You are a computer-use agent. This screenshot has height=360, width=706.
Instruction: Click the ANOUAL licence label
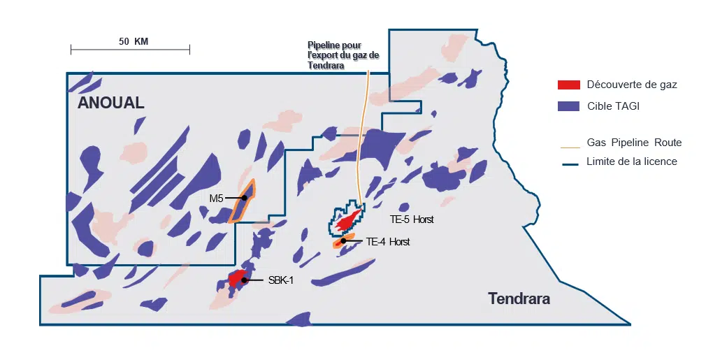(110, 103)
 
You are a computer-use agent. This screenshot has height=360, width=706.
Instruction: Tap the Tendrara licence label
(519, 299)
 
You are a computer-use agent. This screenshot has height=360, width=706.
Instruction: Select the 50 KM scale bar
(130, 49)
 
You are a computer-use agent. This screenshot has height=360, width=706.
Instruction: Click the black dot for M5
(245, 198)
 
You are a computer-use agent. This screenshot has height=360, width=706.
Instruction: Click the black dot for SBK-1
(244, 280)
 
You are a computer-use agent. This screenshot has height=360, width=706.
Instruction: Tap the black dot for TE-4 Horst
(343, 241)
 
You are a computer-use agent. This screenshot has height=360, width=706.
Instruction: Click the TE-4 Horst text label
(387, 242)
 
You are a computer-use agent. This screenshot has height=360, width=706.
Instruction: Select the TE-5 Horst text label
(412, 219)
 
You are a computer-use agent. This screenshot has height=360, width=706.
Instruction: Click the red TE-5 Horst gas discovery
(349, 220)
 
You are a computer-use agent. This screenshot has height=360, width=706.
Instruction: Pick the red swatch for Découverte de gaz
(568, 85)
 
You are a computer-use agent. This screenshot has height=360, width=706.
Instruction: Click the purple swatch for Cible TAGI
(568, 106)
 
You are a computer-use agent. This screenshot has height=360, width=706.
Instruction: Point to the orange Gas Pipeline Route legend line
(570, 148)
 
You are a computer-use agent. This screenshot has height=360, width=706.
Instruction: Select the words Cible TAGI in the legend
(613, 106)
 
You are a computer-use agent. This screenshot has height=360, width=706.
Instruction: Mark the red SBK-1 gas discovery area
(238, 278)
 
